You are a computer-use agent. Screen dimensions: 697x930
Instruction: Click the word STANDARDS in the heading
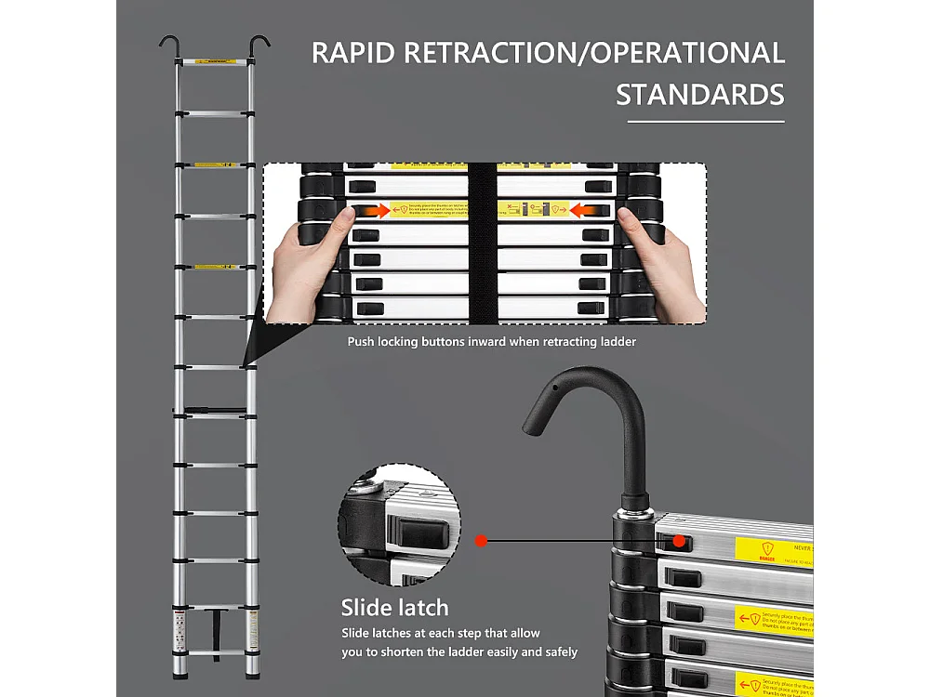tap(700, 95)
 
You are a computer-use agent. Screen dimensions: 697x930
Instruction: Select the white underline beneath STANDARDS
tap(706, 121)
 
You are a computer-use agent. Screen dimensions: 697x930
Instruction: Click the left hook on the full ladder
tap(170, 45)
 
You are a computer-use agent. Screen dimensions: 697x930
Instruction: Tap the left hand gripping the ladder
tap(307, 265)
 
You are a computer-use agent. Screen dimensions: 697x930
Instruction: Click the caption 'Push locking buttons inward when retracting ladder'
tap(492, 342)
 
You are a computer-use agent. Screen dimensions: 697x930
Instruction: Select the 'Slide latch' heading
tap(395, 609)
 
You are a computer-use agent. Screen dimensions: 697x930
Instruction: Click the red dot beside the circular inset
tap(481, 540)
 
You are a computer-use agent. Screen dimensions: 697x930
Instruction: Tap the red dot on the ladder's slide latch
tap(679, 540)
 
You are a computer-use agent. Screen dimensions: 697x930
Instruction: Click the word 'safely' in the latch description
tap(556, 652)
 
